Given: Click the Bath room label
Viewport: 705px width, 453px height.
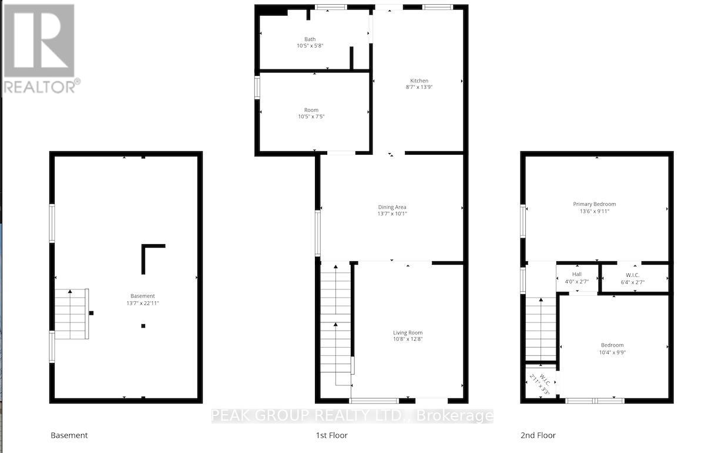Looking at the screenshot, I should (310, 39).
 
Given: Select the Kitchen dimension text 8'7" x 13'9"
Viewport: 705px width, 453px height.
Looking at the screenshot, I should (419, 87).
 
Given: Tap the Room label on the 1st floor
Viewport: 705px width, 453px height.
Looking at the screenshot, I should (311, 110).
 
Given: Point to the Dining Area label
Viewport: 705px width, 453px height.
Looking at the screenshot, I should (392, 207).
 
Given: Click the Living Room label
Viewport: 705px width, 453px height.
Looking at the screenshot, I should (408, 333).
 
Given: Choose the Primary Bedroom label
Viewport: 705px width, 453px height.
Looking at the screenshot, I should (595, 204).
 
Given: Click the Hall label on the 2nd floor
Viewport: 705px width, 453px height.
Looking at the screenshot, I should (576, 275).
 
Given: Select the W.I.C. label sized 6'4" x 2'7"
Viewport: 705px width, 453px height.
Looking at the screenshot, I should (632, 275).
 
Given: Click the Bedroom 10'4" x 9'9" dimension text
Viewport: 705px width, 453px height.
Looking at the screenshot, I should (612, 352).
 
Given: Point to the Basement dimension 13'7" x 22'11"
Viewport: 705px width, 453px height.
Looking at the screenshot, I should (143, 303).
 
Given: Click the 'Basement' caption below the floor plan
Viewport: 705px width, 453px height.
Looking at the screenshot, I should (69, 435).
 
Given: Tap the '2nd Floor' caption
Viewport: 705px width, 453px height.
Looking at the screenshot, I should (538, 435).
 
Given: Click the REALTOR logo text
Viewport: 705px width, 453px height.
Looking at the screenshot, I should (40, 86).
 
